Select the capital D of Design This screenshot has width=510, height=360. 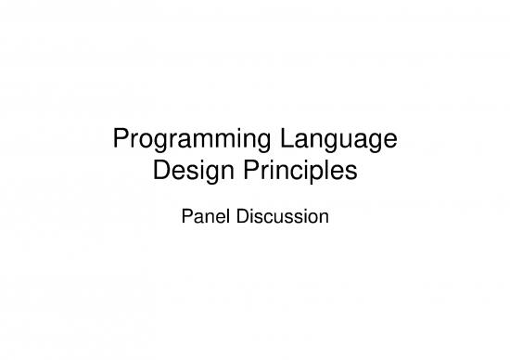(159, 172)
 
